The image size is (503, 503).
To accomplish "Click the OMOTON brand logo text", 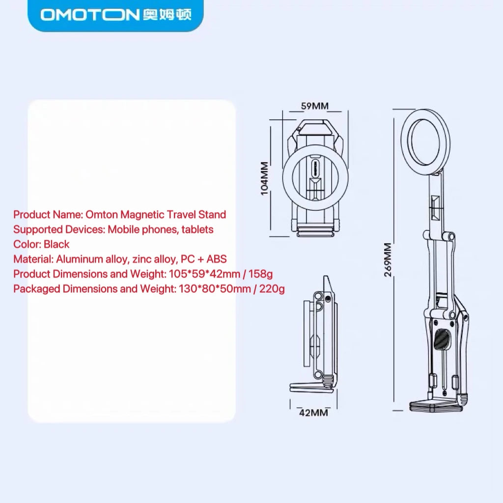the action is coord(89,15).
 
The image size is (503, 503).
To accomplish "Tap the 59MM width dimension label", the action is coord(315,106).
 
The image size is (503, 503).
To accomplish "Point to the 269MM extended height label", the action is coord(388,259).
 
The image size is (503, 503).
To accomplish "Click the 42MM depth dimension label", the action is coord(313,413).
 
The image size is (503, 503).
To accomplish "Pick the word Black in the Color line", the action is coord(56,244).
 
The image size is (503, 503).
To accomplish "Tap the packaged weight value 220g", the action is coord(272,289).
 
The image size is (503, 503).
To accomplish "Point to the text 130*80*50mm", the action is coord(215,289).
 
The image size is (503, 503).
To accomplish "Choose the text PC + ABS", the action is coord(204,259).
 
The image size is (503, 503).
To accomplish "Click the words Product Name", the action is coord(48,214).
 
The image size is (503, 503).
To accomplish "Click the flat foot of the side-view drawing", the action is coord(311,387).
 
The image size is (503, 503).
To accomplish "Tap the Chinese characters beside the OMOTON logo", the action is coord(167,15).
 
